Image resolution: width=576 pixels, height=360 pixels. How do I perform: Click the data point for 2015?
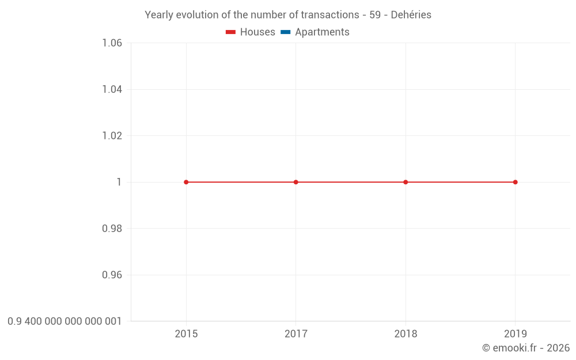[186, 182]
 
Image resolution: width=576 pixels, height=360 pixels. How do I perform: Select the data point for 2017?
[296, 182]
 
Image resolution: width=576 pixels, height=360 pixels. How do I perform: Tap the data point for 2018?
[406, 182]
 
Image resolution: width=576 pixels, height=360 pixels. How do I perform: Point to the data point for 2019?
[515, 182]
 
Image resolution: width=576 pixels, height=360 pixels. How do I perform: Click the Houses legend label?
[257, 32]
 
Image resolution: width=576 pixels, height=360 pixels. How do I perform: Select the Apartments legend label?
[322, 32]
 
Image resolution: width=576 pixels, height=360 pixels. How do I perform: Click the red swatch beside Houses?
[231, 32]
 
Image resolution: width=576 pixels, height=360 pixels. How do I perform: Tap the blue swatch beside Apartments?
[286, 32]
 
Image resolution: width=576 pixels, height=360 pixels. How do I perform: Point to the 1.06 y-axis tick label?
[112, 43]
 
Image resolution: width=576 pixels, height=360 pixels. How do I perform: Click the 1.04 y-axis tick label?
[112, 89]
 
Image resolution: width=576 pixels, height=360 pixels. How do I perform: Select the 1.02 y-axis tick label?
[112, 136]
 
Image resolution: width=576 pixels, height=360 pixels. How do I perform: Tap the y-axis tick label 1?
[119, 182]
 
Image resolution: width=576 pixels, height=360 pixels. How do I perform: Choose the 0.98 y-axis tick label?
[112, 229]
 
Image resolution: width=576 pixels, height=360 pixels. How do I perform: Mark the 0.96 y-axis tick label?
[112, 275]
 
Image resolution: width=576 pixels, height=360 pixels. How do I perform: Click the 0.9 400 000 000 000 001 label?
[65, 321]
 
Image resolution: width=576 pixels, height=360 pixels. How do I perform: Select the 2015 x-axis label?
[186, 334]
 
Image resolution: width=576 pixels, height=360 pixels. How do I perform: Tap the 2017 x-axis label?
[296, 334]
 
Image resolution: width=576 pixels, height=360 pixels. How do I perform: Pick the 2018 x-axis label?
[406, 334]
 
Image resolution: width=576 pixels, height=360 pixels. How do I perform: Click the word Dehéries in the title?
[411, 15]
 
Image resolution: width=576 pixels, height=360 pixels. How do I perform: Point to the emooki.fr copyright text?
[526, 348]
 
